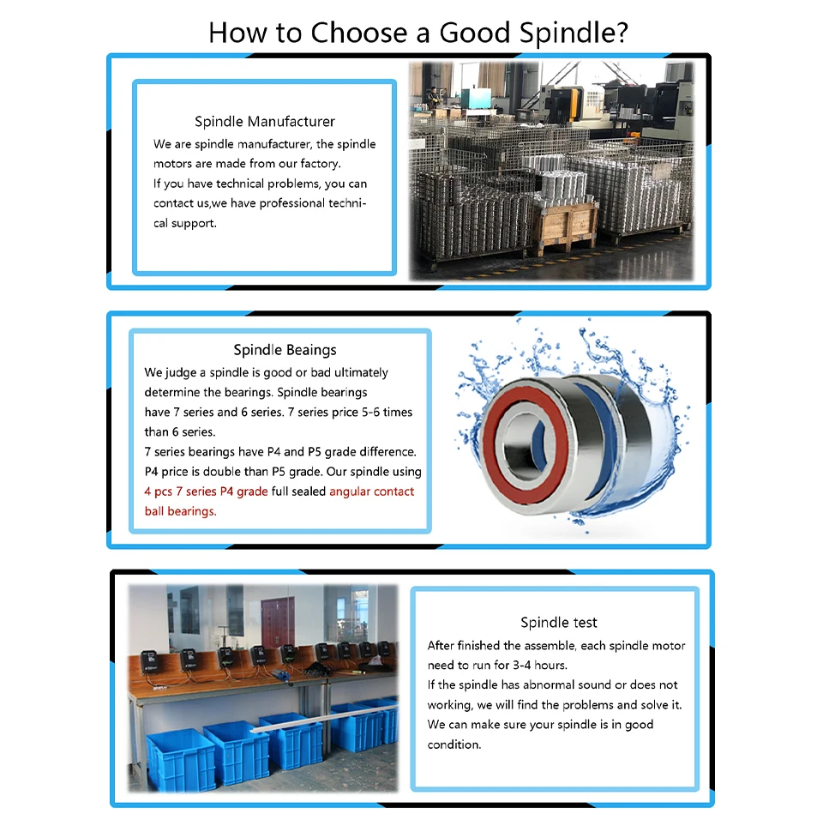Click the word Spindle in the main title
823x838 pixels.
click(568, 33)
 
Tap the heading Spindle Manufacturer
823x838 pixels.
click(265, 121)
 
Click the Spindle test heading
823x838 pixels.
click(559, 622)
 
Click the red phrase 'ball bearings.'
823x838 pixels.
click(181, 511)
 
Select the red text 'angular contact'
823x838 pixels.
click(372, 491)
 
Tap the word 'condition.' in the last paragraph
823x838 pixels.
click(454, 745)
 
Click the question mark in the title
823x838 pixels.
click(622, 33)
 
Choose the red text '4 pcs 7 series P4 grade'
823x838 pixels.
click(206, 491)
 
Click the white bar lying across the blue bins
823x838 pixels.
click(324, 718)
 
